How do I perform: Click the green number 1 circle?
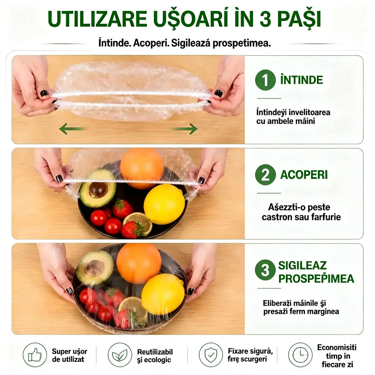pyautogui.click(x=265, y=80)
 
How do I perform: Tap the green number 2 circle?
pyautogui.click(x=265, y=175)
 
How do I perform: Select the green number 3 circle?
pyautogui.click(x=265, y=270)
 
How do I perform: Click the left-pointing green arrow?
pyautogui.click(x=72, y=129)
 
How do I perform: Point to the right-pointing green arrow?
pyautogui.click(x=184, y=129)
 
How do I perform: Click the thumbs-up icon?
pyautogui.click(x=35, y=355)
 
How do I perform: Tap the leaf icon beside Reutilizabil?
pyautogui.click(x=120, y=355)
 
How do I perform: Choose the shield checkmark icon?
pyautogui.click(x=211, y=355)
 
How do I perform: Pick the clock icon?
pyautogui.click(x=300, y=355)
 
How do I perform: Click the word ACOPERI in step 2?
pyautogui.click(x=304, y=175)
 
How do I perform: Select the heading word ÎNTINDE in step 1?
pyautogui.click(x=301, y=79)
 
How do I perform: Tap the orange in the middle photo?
pyautogui.click(x=142, y=168)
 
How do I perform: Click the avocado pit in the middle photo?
pyautogui.click(x=98, y=190)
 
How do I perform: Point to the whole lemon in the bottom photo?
pyautogui.click(x=163, y=294)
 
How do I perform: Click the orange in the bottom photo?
pyautogui.click(x=139, y=263)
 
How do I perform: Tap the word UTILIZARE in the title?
pyautogui.click(x=97, y=19)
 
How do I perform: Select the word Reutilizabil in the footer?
pyautogui.click(x=155, y=352)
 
